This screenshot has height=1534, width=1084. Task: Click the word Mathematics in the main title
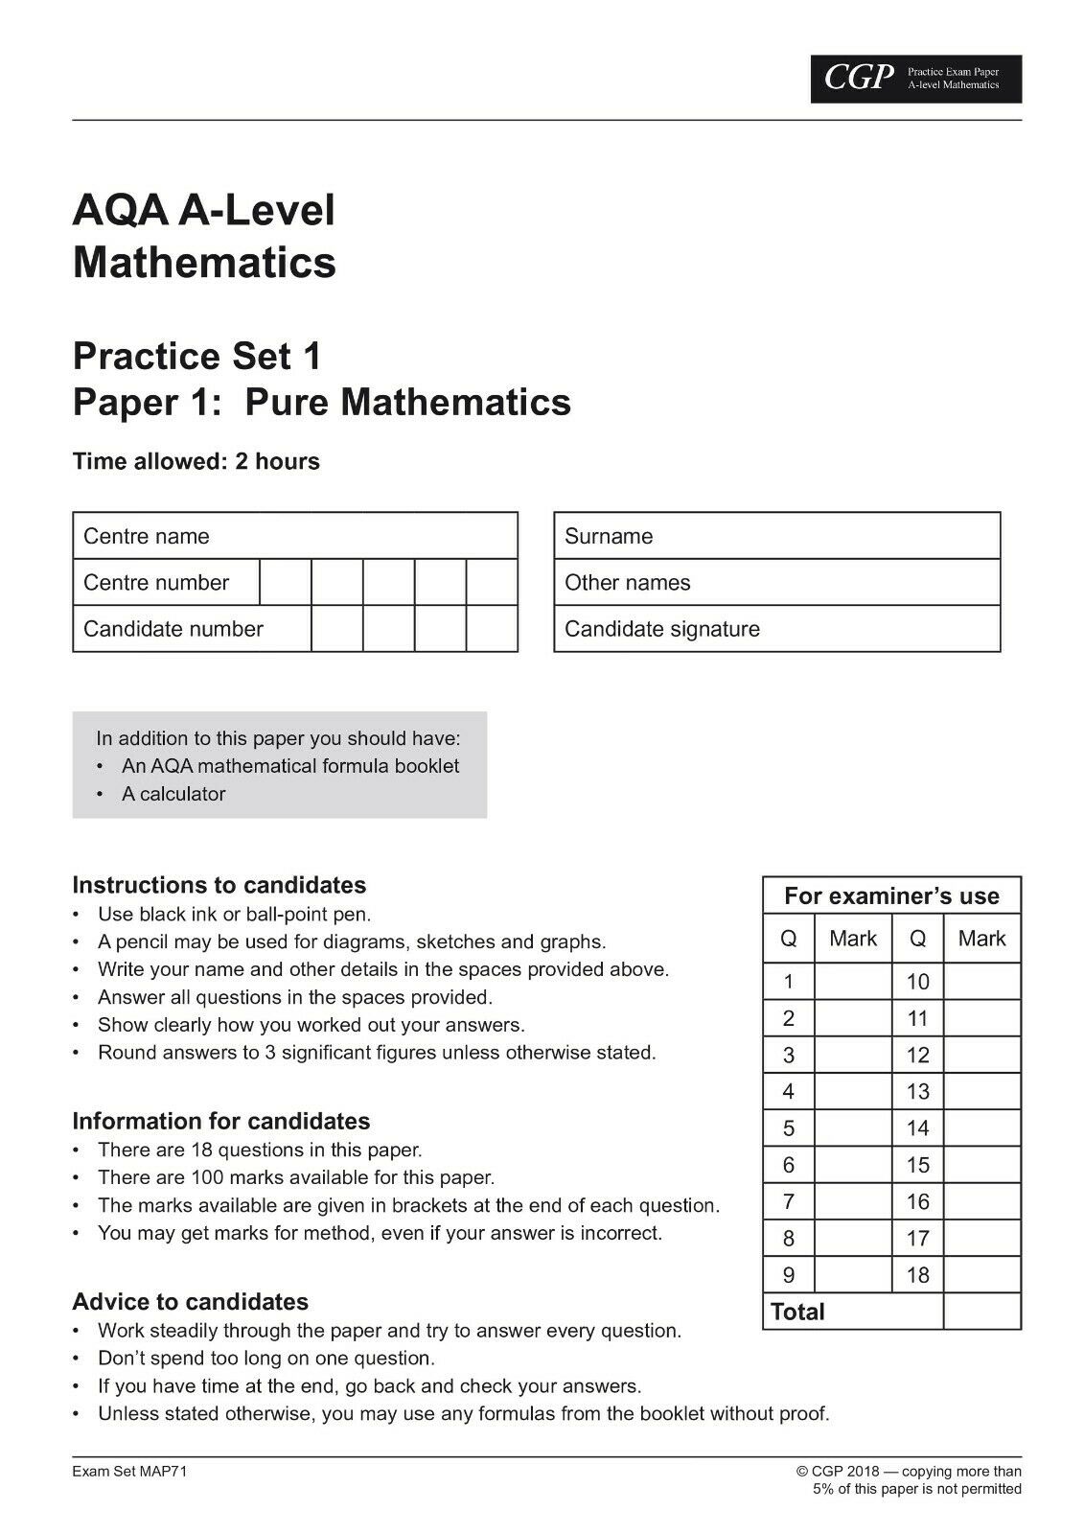coord(204,262)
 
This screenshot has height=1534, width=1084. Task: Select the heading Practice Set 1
coord(196,357)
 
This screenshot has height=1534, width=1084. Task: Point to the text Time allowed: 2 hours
coord(196,461)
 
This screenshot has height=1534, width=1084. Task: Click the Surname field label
coord(609,536)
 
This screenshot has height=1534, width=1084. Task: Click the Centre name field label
coord(146,536)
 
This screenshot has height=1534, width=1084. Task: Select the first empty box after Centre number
coord(286,582)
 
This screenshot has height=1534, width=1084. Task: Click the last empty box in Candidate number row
coord(492,629)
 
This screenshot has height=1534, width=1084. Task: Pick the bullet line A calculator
coord(173,794)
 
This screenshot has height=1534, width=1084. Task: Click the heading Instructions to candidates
coord(219,885)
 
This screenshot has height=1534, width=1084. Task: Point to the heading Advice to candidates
coord(190,1302)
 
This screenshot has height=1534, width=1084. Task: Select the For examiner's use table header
coord(891,896)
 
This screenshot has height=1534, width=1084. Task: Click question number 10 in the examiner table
coord(917,982)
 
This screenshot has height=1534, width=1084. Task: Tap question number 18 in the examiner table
coord(917,1275)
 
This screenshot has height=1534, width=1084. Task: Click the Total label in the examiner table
coord(797,1312)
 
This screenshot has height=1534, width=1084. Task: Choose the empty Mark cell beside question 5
coord(852,1128)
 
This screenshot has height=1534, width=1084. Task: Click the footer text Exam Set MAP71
coord(129,1472)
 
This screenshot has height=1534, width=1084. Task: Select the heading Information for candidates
coord(220,1121)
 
